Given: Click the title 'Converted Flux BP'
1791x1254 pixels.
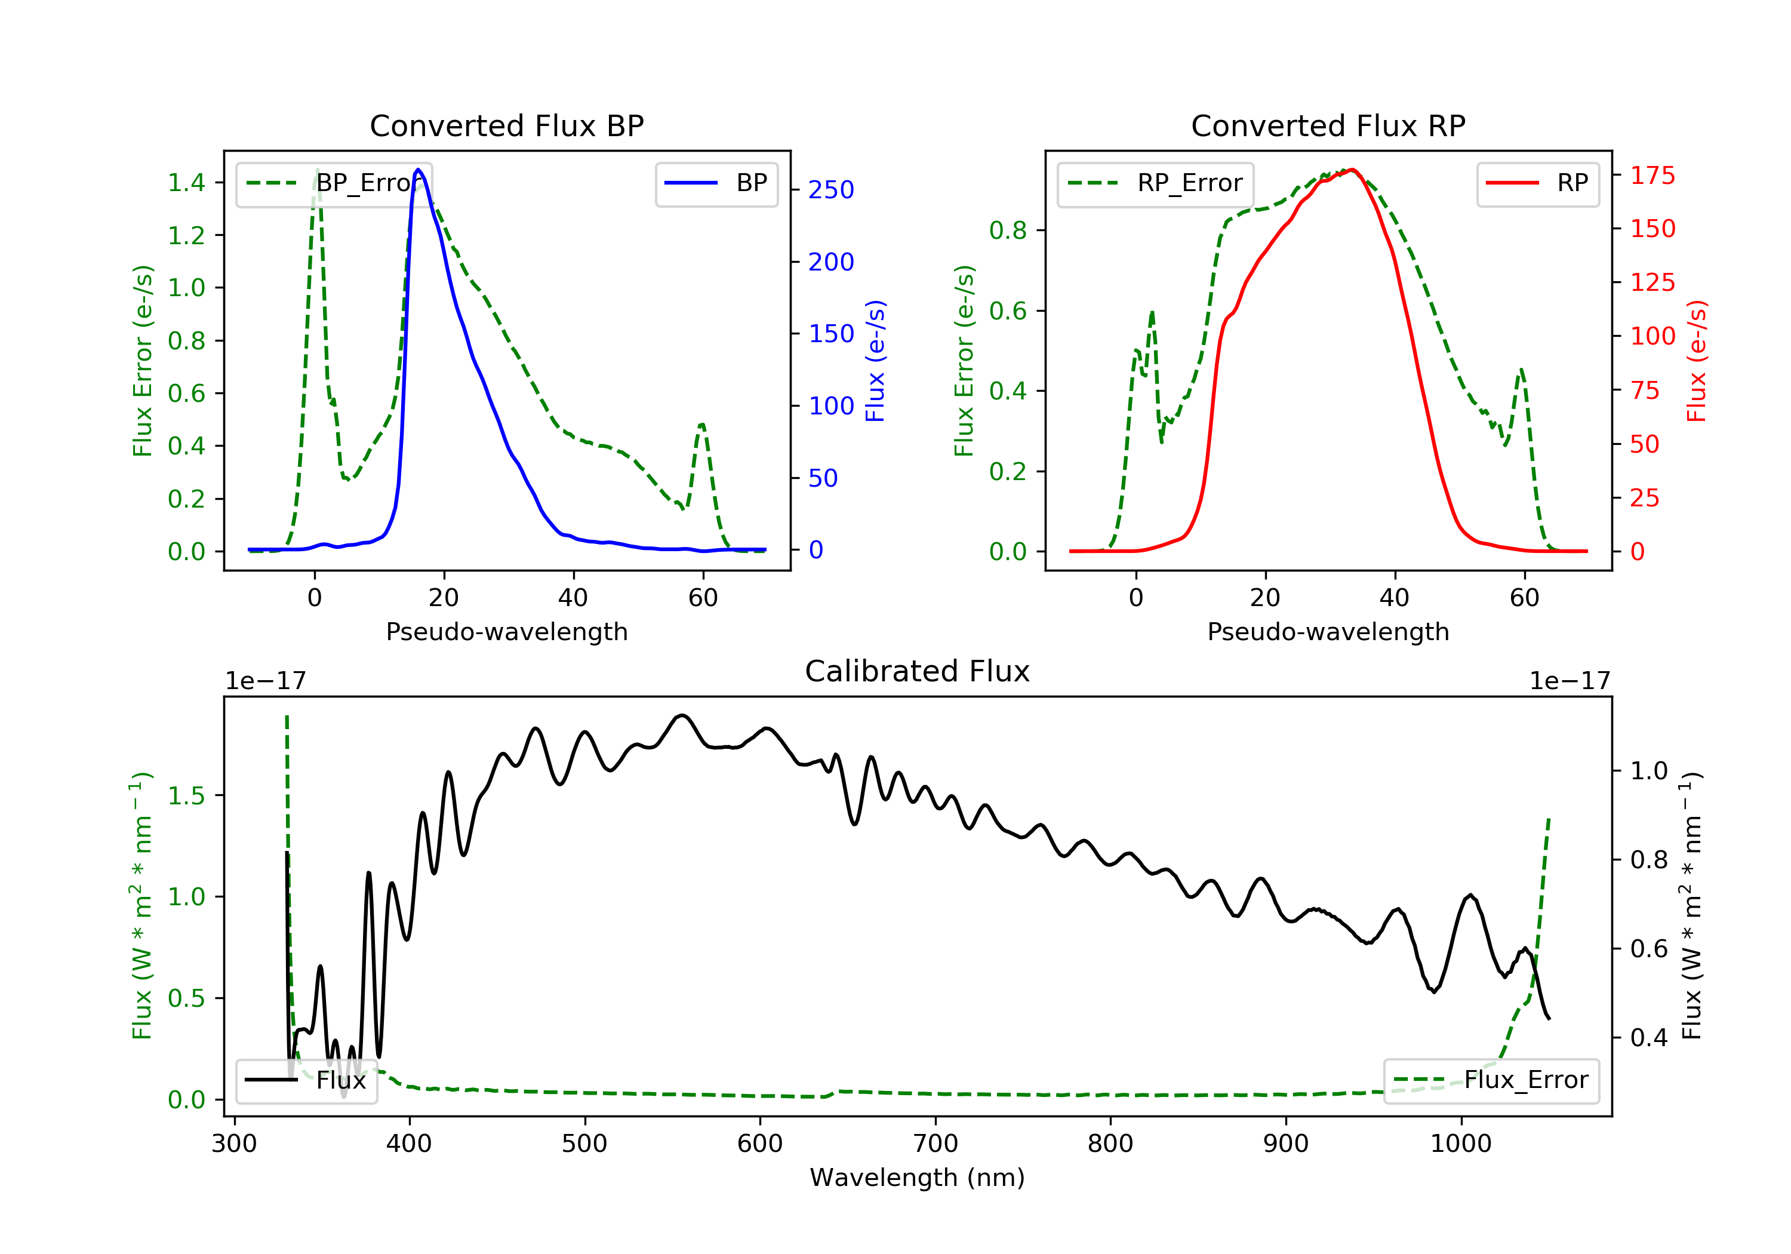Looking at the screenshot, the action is point(507,125).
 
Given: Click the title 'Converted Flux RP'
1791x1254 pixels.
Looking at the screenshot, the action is point(1328,125).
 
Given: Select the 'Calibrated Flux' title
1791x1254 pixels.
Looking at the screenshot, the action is point(918,671).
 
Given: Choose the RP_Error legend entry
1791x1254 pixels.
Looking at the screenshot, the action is point(1155,183).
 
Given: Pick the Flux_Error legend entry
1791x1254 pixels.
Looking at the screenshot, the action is point(1491,1080).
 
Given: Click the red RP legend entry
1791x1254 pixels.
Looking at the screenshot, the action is point(1537,183).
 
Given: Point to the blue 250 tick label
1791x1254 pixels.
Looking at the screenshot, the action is point(831,190).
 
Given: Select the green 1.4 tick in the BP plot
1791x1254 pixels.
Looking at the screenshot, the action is point(186,183).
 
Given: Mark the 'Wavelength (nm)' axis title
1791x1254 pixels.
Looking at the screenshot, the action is point(918,1178).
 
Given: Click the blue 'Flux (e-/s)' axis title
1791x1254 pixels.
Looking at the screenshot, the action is point(875,361).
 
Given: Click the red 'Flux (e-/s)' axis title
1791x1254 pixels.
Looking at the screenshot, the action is point(1697,361).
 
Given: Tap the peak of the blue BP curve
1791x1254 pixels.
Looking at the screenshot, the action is point(418,170).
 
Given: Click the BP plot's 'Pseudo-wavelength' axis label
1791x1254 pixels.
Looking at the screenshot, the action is point(507,631).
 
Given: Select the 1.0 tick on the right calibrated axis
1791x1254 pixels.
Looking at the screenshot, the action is point(1649,771).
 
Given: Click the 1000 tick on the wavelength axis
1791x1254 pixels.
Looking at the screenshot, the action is point(1460,1144).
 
